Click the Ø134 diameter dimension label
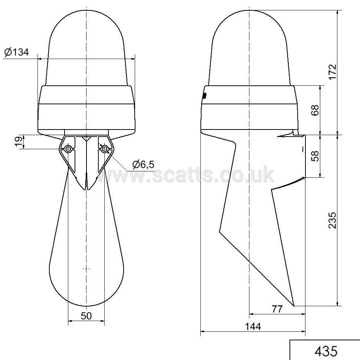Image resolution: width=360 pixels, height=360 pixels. (x=17, y=52)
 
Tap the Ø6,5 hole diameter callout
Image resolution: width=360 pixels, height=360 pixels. (x=143, y=164)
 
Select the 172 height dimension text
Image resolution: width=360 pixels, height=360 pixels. (x=332, y=72)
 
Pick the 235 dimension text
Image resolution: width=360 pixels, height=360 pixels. (x=332, y=220)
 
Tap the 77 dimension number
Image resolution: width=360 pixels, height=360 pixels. (x=277, y=309)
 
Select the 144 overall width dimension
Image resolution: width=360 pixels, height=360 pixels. (x=253, y=326)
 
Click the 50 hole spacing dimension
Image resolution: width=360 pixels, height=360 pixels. (x=86, y=316)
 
